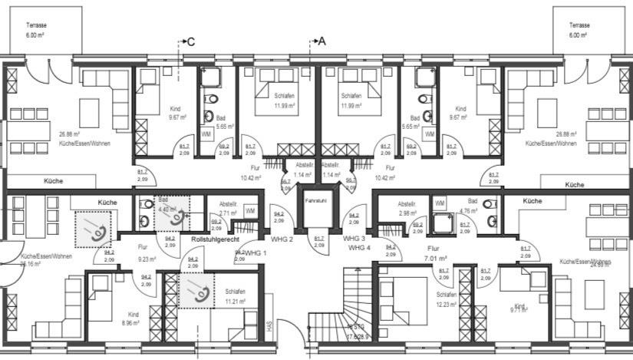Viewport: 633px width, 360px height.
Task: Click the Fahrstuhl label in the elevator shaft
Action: [x=315, y=200]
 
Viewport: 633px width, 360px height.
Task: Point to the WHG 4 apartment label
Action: [x=359, y=248]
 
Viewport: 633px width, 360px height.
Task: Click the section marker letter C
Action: [x=191, y=42]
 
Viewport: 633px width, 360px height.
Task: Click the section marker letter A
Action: [x=321, y=42]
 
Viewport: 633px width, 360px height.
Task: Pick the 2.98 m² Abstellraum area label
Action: [x=407, y=213]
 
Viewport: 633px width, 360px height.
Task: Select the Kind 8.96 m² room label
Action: [x=133, y=319]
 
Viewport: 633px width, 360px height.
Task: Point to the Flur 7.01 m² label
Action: [x=436, y=254]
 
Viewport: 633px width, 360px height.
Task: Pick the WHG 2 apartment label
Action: [x=282, y=239]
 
